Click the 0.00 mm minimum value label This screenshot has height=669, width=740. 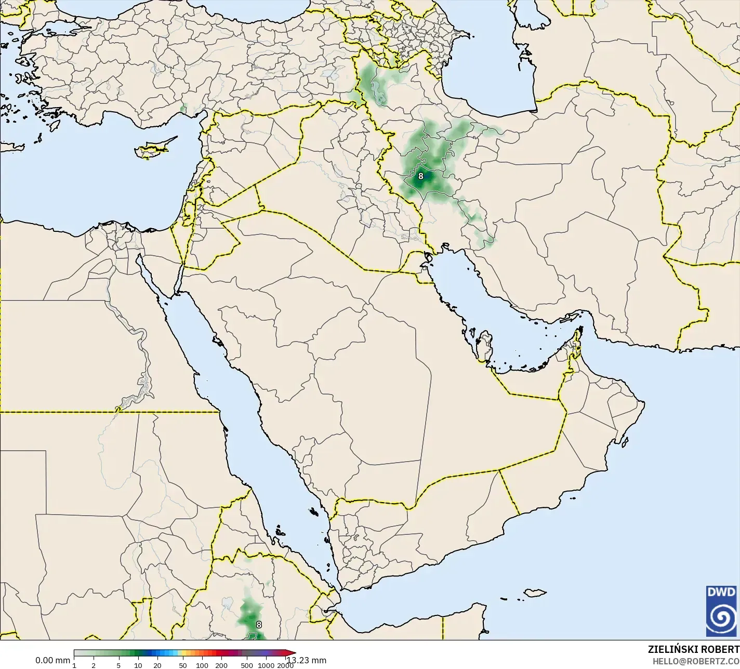[52, 660]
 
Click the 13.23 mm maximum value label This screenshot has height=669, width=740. [307, 660]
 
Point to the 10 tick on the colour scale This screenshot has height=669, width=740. [138, 665]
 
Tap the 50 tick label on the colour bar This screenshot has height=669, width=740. [182, 665]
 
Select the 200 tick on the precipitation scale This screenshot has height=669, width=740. [221, 665]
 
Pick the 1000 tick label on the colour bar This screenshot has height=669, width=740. [266, 665]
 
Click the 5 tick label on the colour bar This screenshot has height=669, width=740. [118, 665]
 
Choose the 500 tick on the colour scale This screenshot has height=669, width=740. [247, 665]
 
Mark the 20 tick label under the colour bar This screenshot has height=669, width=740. [157, 665]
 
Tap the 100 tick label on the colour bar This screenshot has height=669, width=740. [202, 665]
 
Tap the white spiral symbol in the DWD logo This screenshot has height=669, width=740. [721, 618]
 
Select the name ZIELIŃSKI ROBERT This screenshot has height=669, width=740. [693, 649]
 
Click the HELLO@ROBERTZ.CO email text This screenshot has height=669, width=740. [696, 661]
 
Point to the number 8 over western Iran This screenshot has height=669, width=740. [421, 176]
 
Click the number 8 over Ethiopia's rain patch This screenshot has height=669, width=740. [259, 625]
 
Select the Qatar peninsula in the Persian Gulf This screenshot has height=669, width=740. [485, 347]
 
